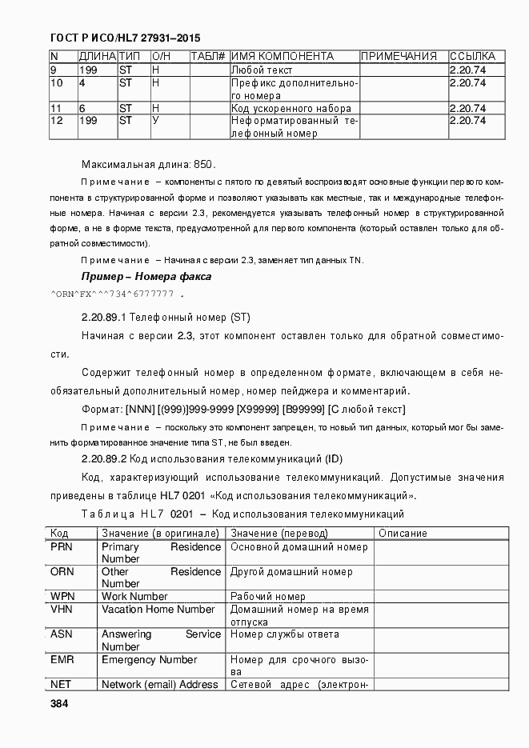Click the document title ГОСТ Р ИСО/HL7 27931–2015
pyautogui.click(x=125, y=38)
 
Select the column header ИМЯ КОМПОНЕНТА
pyautogui.click(x=283, y=57)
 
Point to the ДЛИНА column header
pyautogui.click(x=97, y=57)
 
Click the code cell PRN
pyautogui.click(x=62, y=547)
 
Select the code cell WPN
pyautogui.click(x=62, y=597)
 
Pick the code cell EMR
pyautogui.click(x=62, y=660)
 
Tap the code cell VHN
pyautogui.click(x=62, y=610)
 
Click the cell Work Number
pyautogui.click(x=134, y=597)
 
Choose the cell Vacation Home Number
pyautogui.click(x=158, y=610)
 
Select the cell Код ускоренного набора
pyautogui.click(x=291, y=108)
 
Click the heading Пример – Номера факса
pyautogui.click(x=146, y=277)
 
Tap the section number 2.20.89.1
pyautogui.click(x=104, y=317)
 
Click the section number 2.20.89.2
pyautogui.click(x=104, y=459)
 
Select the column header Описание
pyautogui.click(x=403, y=534)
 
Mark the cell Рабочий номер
pyautogui.click(x=268, y=597)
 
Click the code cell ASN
pyautogui.click(x=62, y=634)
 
